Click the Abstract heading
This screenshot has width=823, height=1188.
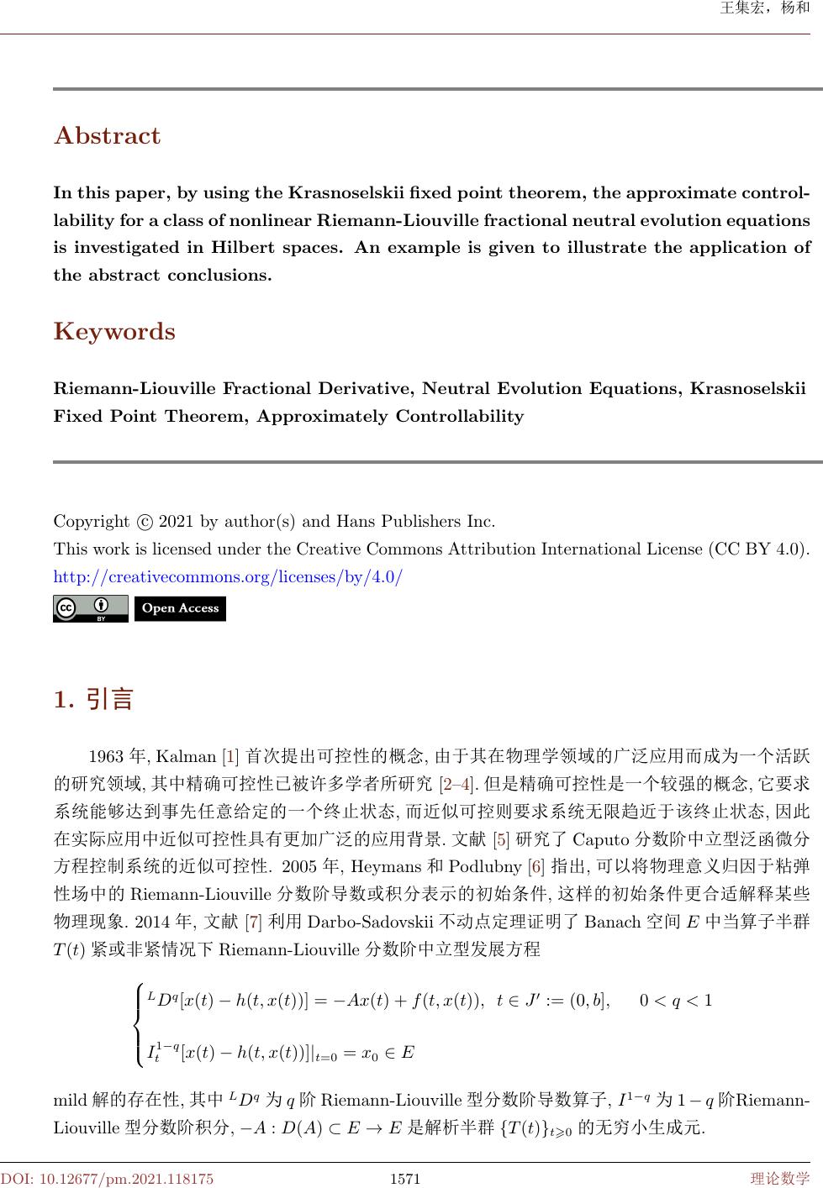[x=107, y=136]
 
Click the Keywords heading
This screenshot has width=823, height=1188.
[x=114, y=332]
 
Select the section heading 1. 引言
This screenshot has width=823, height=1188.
[x=93, y=699]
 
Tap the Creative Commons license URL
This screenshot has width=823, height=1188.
[x=228, y=577]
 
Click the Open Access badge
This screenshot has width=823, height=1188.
[x=180, y=608]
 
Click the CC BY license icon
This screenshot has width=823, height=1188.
[x=90, y=608]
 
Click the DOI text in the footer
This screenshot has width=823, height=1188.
[x=107, y=1179]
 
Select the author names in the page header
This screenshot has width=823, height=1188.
[x=765, y=9]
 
